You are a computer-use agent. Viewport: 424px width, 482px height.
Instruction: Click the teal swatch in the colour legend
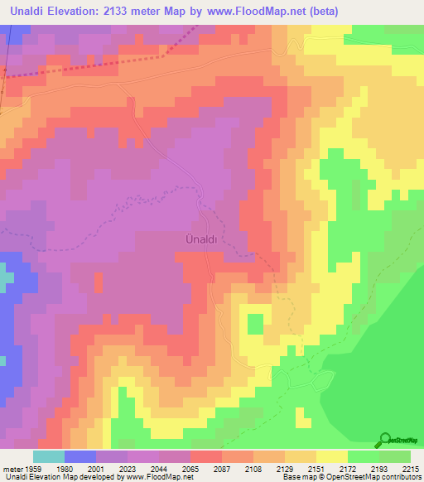pos(48,456)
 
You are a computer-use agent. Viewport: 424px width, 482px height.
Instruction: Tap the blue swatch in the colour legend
pos(79,456)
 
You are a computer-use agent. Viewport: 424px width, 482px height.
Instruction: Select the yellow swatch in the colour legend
pos(331,456)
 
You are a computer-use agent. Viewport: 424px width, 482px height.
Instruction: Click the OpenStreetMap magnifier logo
pos(385,440)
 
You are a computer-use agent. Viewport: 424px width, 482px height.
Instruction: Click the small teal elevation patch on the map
pos(6,282)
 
